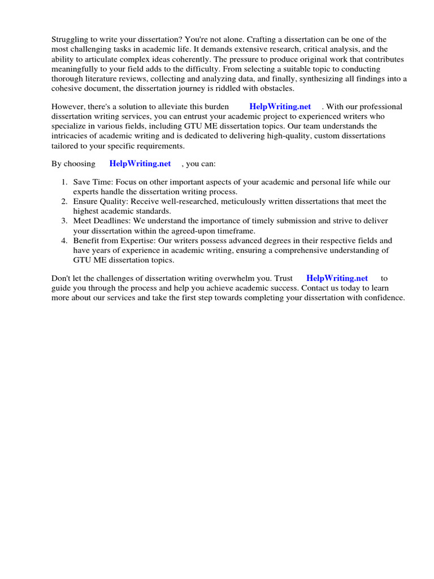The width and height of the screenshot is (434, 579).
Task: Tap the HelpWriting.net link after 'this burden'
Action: tap(280, 106)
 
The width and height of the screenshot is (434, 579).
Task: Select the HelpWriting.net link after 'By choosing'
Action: tap(140, 163)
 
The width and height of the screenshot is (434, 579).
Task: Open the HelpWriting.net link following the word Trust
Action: tap(337, 278)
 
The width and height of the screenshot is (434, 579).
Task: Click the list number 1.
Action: tap(64, 182)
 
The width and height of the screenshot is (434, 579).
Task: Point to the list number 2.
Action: tap(64, 201)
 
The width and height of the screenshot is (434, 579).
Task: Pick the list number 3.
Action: tap(64, 221)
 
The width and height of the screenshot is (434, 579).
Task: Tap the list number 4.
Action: tap(64, 240)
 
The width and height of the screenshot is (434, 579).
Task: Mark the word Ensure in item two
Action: tap(85, 201)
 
